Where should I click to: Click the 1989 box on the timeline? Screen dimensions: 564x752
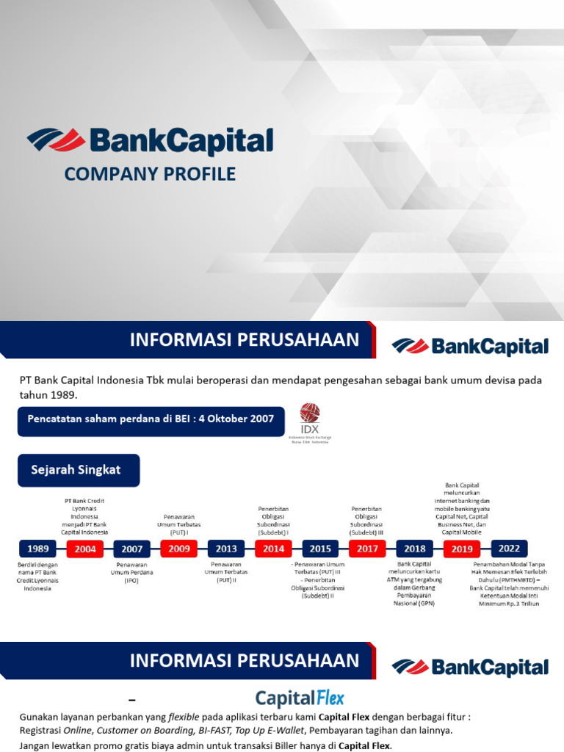(37, 548)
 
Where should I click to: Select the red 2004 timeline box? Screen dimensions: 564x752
(85, 548)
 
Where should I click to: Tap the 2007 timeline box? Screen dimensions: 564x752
(132, 548)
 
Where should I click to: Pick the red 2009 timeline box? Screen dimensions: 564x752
(179, 548)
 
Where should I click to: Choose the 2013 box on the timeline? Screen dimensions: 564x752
(226, 548)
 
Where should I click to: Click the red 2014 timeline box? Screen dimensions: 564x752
(273, 548)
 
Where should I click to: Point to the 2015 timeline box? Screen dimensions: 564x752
(320, 548)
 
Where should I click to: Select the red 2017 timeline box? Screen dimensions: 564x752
(367, 548)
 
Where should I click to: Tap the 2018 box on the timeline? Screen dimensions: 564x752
(415, 548)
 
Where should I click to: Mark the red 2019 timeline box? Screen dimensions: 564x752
(462, 548)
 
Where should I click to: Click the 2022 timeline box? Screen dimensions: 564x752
(509, 548)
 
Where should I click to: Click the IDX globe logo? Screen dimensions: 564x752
(310, 413)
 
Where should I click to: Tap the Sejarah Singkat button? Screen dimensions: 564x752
(79, 470)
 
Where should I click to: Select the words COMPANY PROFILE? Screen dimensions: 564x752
(150, 174)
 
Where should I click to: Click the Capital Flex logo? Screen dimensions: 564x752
(300, 698)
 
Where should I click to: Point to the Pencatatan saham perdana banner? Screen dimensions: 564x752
(150, 419)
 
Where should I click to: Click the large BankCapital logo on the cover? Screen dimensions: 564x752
(151, 140)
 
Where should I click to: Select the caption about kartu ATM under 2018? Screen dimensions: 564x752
(415, 584)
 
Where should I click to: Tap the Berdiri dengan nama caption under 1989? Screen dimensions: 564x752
(37, 576)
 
